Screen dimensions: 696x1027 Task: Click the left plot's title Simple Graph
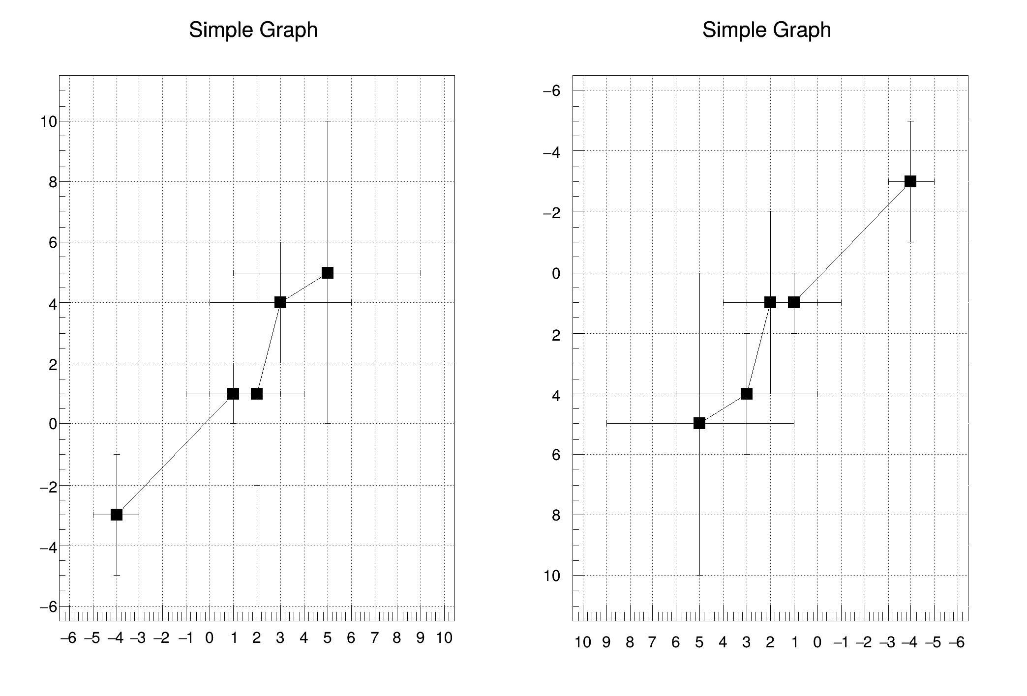coord(253,30)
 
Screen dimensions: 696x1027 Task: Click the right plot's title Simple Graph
coord(766,30)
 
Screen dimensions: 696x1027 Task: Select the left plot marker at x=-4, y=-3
coord(117,515)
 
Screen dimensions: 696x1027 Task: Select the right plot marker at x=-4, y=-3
coord(910,181)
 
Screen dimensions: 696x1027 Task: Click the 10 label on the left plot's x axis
coord(444,638)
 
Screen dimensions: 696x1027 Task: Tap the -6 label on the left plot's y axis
coord(49,607)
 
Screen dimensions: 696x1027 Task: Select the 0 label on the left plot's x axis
coord(210,638)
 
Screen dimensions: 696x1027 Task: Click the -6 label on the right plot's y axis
coord(552,91)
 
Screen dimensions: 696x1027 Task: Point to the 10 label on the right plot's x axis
coord(582,642)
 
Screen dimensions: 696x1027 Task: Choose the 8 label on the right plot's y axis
coord(556,516)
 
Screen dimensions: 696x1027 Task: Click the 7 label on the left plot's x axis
coord(375,638)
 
